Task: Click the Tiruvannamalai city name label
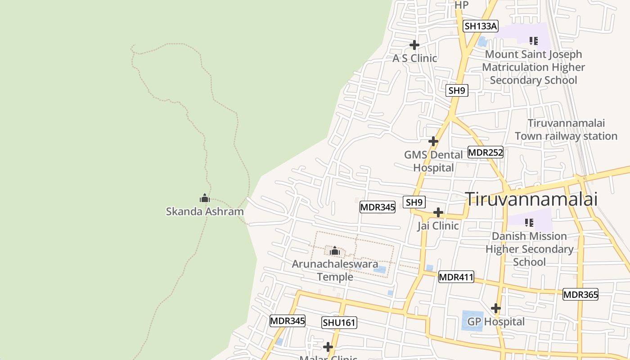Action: coord(531,199)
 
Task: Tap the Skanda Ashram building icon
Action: coord(205,198)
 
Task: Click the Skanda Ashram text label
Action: coord(205,211)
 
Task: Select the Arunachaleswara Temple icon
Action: coord(334,251)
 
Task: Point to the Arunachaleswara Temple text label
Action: coord(335,270)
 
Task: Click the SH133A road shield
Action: coord(481,26)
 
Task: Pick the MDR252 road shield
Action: coord(485,153)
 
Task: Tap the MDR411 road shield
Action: coord(456,277)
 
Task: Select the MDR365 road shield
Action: coord(580,295)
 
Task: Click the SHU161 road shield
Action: coord(339,322)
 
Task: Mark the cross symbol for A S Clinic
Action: coord(414,45)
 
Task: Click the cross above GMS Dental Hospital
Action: coord(433,141)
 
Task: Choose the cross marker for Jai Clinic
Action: coord(438,212)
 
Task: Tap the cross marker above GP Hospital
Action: coord(496,308)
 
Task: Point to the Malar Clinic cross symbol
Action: coord(328,347)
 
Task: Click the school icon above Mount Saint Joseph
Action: coord(534,41)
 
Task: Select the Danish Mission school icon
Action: coord(529,222)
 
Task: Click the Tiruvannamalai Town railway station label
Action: coord(566,130)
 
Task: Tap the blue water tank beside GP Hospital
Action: coord(472,320)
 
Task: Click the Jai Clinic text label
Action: coord(438,226)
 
